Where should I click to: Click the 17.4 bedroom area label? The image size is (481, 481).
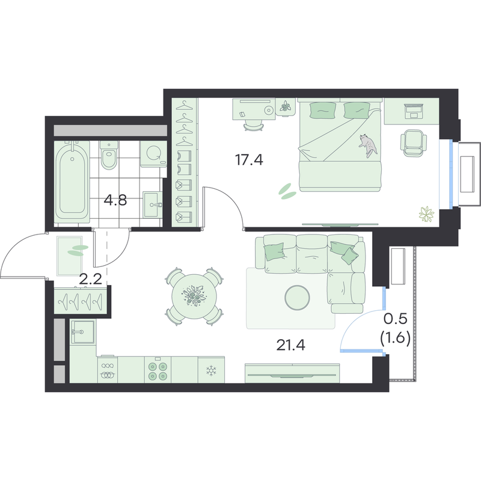(x=249, y=160)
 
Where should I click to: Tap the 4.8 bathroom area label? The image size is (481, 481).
(x=115, y=201)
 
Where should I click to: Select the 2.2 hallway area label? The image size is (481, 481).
(x=90, y=279)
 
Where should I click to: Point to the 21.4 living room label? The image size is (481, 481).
(x=291, y=345)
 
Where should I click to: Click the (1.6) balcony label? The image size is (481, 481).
(x=396, y=339)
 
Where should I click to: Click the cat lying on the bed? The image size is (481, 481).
(x=369, y=145)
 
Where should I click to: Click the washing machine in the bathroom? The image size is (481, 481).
(x=153, y=154)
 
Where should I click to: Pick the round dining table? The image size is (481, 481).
(x=194, y=296)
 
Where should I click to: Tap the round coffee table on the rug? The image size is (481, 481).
(x=297, y=298)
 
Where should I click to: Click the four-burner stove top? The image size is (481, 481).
(x=158, y=370)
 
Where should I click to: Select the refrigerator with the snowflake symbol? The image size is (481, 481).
(x=211, y=370)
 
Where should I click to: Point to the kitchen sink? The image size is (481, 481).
(x=83, y=332)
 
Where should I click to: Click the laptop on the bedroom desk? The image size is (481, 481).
(x=414, y=111)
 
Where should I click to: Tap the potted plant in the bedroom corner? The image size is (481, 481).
(x=427, y=214)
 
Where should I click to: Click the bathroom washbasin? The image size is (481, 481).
(x=153, y=204)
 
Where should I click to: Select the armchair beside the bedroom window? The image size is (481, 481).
(x=413, y=143)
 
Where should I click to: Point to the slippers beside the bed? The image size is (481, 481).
(x=287, y=191)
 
